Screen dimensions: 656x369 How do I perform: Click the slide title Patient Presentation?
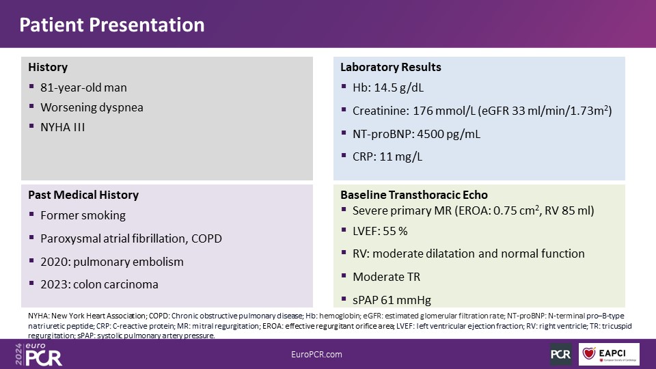[x=111, y=25]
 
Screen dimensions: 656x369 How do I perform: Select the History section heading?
[x=48, y=68]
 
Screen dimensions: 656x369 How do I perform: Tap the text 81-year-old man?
[x=83, y=87]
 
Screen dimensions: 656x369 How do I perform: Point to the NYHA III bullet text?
[x=63, y=127]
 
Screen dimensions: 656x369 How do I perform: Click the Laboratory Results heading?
[x=391, y=68]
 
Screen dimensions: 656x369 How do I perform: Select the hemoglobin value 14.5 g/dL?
[x=398, y=87]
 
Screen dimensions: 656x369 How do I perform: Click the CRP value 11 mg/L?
[x=401, y=156]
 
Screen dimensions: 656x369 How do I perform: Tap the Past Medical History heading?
[x=83, y=195]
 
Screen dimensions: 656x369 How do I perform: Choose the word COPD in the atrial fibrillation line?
[x=206, y=238]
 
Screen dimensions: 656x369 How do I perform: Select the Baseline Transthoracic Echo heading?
[x=414, y=195]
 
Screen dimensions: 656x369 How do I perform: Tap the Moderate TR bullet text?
[x=387, y=277]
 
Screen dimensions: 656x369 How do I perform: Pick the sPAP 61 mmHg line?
[x=392, y=300]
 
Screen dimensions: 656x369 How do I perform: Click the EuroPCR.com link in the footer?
[x=316, y=355]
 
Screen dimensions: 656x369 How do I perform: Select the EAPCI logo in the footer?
[x=609, y=354]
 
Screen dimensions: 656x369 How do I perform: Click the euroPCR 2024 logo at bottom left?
[x=38, y=355]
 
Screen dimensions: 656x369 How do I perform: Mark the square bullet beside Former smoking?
[x=31, y=214]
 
